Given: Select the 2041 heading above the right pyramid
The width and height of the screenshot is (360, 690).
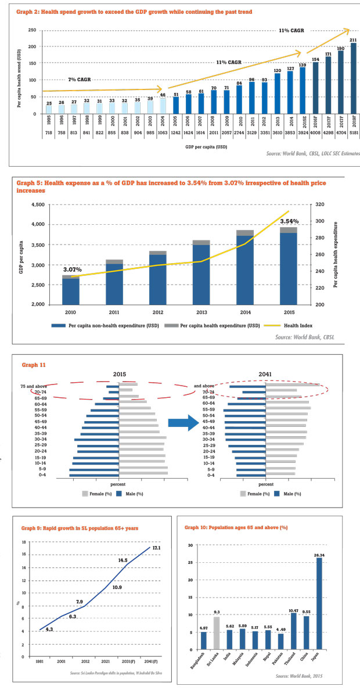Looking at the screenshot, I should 266,374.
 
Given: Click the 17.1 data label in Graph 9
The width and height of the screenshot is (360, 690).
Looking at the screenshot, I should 157,548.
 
